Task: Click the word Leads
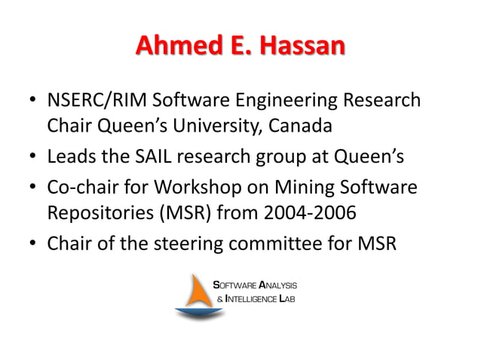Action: [x=69, y=157]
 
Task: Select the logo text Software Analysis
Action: [x=256, y=285]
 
